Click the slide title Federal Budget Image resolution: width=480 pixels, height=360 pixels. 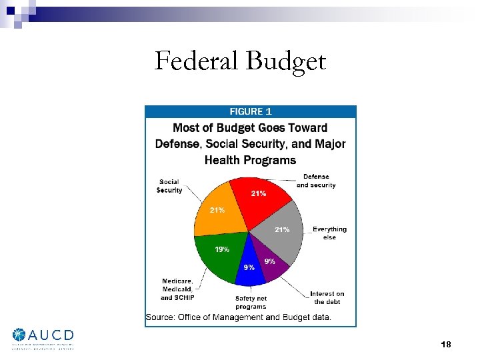tap(240, 62)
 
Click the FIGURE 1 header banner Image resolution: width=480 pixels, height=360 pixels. tap(251, 112)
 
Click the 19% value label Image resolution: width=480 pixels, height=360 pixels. tap(222, 249)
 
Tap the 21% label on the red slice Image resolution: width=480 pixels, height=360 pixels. tap(258, 193)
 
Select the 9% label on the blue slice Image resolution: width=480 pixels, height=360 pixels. tap(248, 267)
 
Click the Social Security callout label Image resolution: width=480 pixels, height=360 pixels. tap(169, 186)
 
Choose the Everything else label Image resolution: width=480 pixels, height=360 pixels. tap(329, 233)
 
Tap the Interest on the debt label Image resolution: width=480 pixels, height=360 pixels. tap(327, 297)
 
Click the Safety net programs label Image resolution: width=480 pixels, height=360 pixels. tap(250, 302)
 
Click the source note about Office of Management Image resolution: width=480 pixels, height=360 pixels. tap(238, 317)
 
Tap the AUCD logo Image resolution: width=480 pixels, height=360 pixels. tap(43, 338)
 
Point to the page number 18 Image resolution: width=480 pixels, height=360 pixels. tap(446, 344)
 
